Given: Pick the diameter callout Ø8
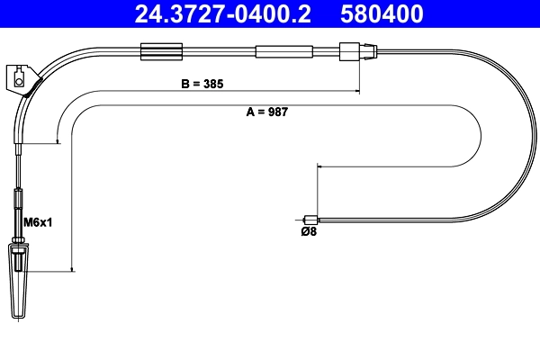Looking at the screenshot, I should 308,231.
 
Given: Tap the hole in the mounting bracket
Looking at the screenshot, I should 18,83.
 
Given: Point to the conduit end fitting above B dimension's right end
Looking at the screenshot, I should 351,52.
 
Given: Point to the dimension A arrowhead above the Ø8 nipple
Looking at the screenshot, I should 318,168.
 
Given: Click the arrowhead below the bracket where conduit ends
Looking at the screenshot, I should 58,140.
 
